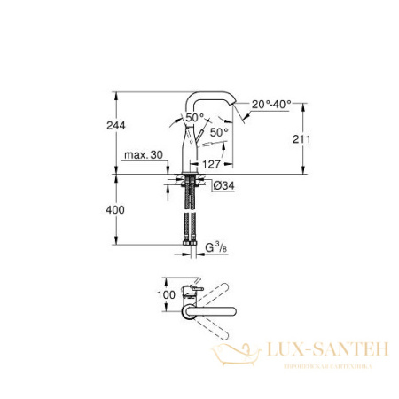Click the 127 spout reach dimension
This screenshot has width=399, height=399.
210,164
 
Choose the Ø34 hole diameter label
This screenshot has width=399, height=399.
223,184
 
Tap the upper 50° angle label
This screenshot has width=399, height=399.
194,117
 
